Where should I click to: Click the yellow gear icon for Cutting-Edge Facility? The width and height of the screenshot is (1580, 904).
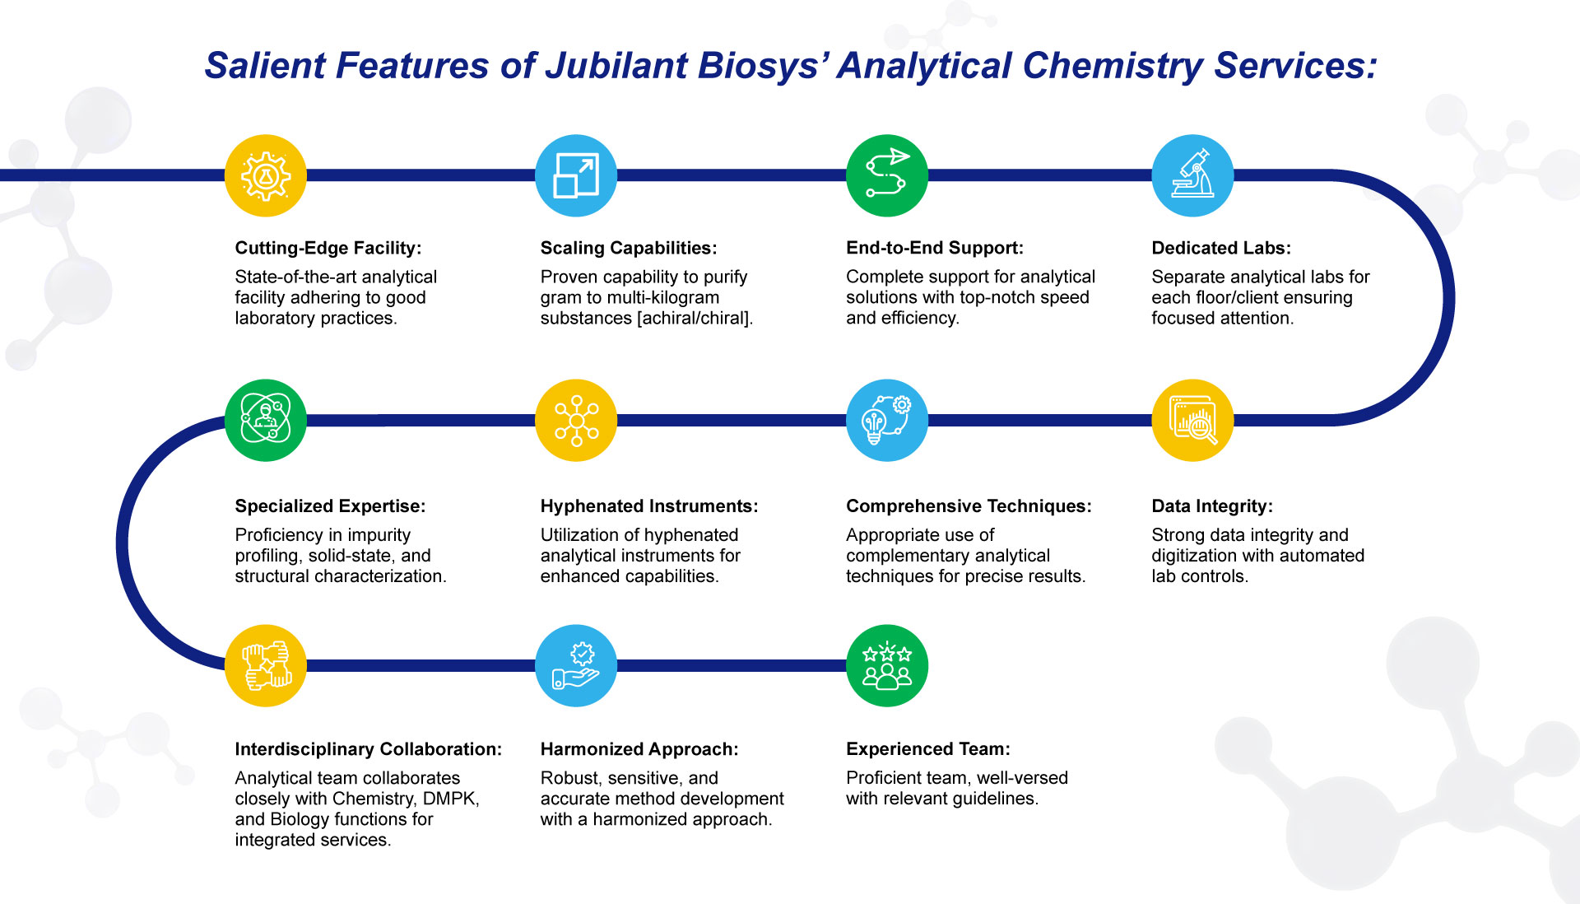(x=265, y=175)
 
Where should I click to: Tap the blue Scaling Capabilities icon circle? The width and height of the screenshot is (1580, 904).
(x=576, y=175)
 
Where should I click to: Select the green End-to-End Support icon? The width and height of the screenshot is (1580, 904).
(x=887, y=175)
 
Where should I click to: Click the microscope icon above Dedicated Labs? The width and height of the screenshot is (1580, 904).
(x=1192, y=175)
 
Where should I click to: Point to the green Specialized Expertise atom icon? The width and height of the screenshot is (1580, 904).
(x=265, y=420)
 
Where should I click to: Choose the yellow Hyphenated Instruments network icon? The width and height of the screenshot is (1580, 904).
(x=576, y=420)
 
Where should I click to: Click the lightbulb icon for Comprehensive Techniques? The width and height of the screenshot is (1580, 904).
(x=887, y=420)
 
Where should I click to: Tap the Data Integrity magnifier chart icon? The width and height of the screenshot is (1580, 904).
(x=1192, y=420)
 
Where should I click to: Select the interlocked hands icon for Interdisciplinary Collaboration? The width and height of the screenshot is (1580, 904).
(x=265, y=665)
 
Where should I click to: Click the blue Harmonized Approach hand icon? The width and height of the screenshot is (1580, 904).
(x=576, y=665)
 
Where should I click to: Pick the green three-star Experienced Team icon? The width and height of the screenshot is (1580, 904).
(x=887, y=665)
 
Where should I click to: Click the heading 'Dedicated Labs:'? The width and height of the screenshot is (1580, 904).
(x=1221, y=248)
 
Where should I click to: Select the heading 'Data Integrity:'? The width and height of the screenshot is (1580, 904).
(x=1212, y=506)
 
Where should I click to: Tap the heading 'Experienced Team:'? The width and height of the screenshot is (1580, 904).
(x=928, y=749)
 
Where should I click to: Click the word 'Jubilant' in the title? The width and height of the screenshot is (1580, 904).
(x=616, y=66)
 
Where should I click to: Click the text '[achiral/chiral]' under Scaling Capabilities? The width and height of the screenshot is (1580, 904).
(x=695, y=318)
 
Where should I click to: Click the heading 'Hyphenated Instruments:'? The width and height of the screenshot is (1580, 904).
(x=649, y=506)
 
